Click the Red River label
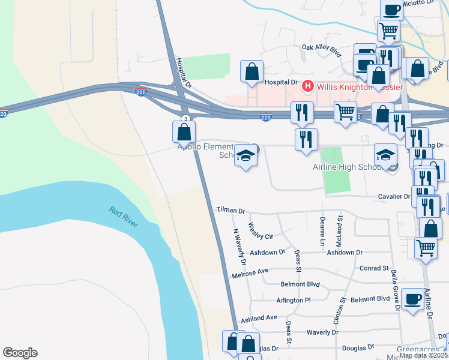123,217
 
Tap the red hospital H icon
308,86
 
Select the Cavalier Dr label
394,196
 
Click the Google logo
20,353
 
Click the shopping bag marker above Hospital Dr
252,71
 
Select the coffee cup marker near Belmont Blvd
412,299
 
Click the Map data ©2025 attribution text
423,355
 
